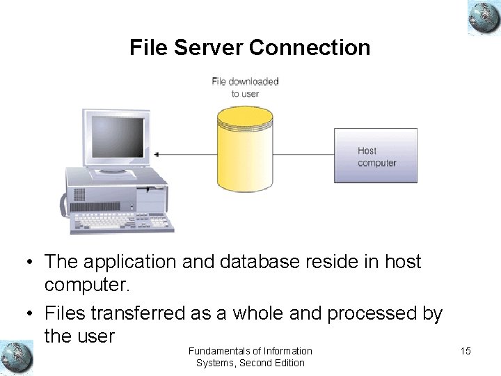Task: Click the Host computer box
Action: (376, 156)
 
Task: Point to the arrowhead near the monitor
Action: (157, 154)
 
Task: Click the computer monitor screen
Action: (118, 136)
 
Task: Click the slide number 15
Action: (466, 351)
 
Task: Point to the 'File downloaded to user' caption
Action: (245, 87)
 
